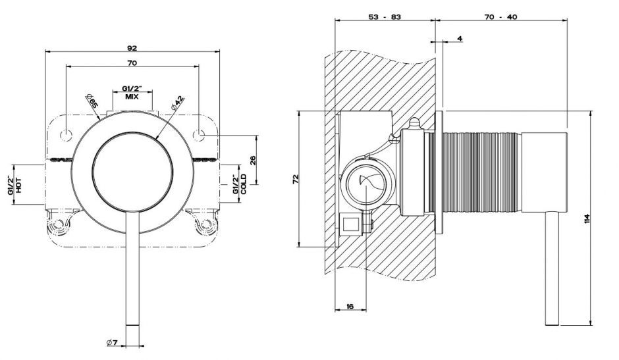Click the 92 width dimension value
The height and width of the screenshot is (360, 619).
coord(132,47)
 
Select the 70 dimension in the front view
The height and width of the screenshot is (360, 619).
coord(132,63)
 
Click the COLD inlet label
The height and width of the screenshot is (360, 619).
coord(243,185)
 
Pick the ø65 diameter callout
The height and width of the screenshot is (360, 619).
coord(91,102)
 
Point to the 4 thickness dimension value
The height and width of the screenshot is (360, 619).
coord(458,39)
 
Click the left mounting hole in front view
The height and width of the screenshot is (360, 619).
coord(65,136)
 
